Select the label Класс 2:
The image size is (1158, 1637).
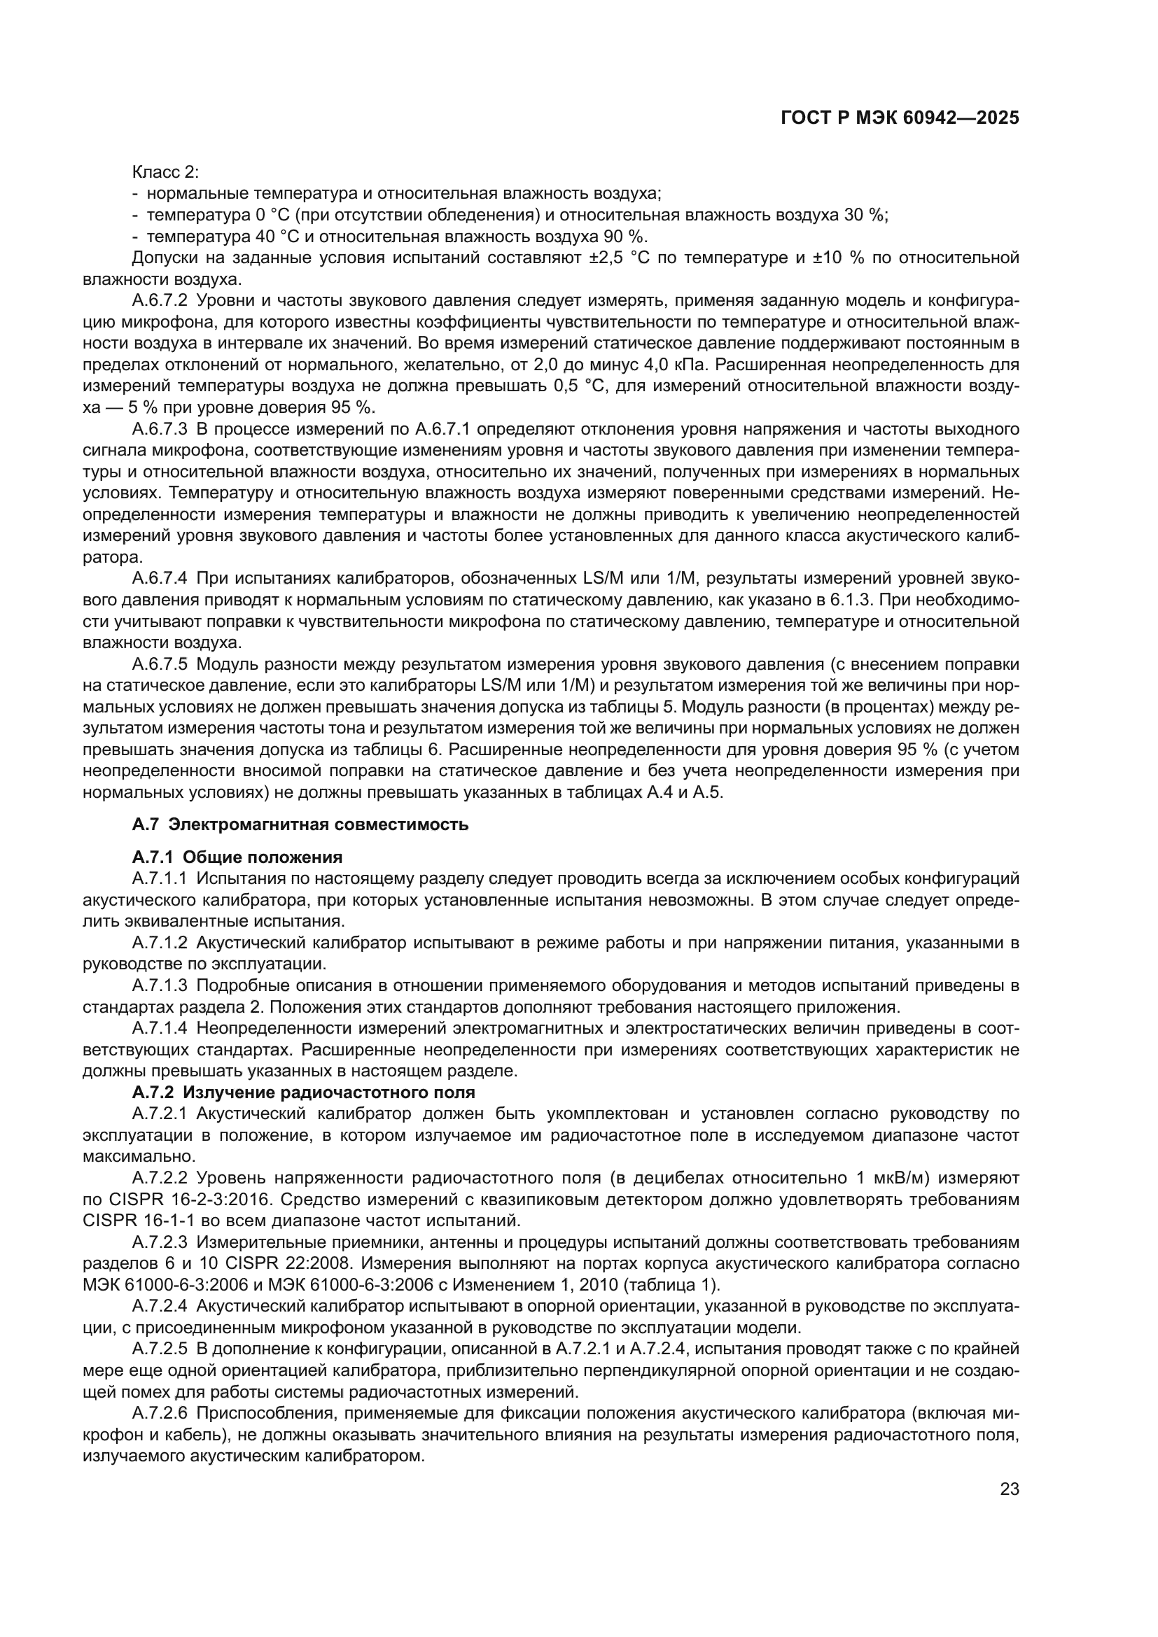coord(165,172)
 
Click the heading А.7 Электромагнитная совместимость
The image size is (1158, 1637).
coord(300,825)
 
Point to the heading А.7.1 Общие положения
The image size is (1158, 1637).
coord(237,857)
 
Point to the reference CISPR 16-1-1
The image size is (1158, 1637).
coord(125,1221)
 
